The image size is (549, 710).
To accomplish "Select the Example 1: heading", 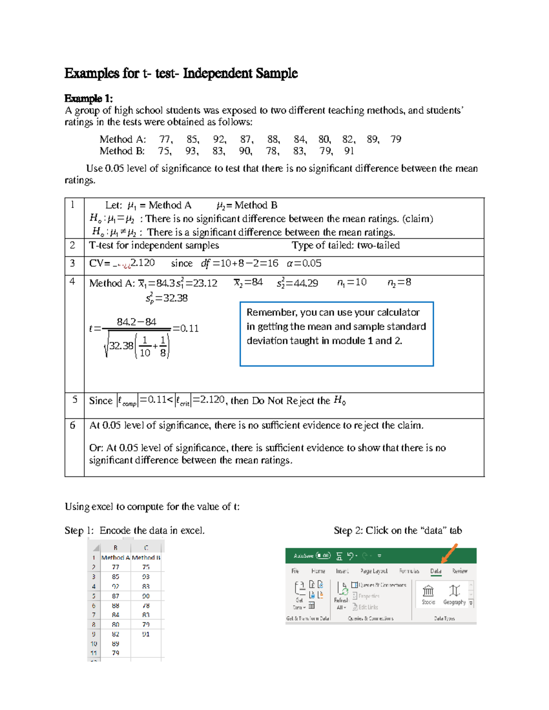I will [x=88, y=98].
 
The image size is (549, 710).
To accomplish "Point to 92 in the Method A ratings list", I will [x=219, y=139].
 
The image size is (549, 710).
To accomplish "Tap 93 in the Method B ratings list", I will [x=191, y=151].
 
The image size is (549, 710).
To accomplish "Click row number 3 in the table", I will [x=72, y=263].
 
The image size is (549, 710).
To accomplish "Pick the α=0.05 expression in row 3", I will [x=304, y=263].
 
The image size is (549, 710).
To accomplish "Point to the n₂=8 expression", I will [x=399, y=283].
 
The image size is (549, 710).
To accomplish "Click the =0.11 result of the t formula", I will [x=185, y=328].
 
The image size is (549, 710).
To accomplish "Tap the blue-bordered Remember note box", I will [x=336, y=334].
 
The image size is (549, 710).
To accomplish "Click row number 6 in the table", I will [x=72, y=425].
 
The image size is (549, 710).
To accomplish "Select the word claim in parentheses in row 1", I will [x=418, y=219].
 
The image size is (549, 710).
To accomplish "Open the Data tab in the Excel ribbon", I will [x=436, y=571].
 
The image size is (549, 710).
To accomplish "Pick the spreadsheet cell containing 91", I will [x=145, y=634].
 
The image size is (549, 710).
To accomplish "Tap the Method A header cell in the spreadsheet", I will [x=115, y=557].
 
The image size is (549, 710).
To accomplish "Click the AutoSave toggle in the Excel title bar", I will [x=323, y=556].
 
